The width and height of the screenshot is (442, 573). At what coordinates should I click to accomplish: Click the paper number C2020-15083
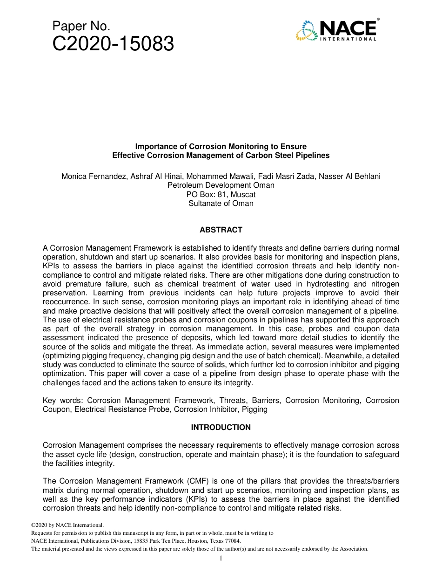tap(113, 44)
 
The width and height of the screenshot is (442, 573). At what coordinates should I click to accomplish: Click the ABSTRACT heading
tap(221, 230)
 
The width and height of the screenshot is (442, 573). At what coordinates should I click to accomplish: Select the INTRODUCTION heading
tap(221, 427)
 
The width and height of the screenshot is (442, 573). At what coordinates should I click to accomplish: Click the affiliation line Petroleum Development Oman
tap(221, 185)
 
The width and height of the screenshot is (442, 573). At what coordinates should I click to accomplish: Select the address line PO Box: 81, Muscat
tap(221, 194)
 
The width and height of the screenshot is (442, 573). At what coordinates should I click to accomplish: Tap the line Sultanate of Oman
tap(221, 203)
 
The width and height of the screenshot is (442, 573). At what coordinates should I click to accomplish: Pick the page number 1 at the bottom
tap(221, 558)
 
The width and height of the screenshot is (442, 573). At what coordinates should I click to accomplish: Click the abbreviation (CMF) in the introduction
tap(188, 481)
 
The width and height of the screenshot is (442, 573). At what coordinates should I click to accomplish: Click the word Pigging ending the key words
tap(255, 409)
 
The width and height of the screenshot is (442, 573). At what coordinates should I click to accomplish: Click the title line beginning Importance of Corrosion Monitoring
tap(221, 147)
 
